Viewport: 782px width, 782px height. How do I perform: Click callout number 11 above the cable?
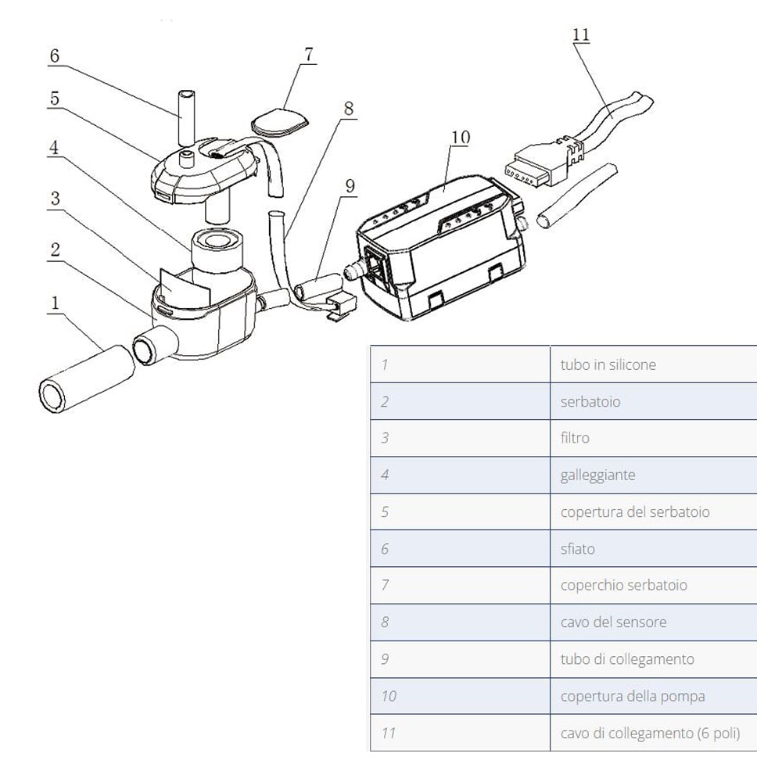click(x=581, y=36)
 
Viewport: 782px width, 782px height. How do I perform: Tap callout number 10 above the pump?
click(x=460, y=138)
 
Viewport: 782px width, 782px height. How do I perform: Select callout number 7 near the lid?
click(x=308, y=56)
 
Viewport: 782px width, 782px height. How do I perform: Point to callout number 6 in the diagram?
click(x=54, y=56)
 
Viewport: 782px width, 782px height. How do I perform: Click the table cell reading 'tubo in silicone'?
click(x=608, y=364)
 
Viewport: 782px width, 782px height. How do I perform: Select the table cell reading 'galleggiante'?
click(x=597, y=475)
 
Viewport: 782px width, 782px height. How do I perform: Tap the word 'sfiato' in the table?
click(x=577, y=549)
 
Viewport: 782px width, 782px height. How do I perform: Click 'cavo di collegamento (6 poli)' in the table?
click(x=649, y=734)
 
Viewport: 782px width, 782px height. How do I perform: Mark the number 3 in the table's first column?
click(x=385, y=438)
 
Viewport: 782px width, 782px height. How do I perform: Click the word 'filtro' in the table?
click(x=575, y=438)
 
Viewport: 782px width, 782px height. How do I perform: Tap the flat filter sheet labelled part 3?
click(x=185, y=285)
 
